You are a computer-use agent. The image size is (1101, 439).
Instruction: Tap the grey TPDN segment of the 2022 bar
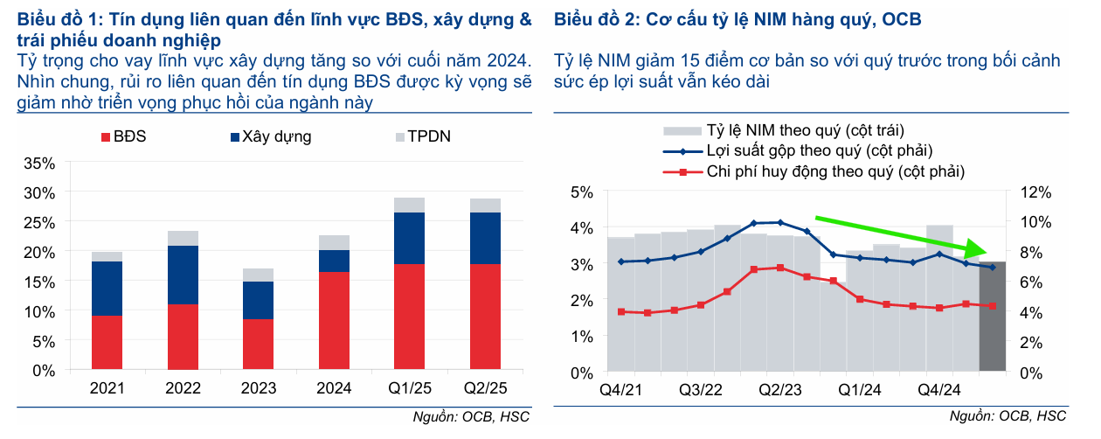[x=183, y=238]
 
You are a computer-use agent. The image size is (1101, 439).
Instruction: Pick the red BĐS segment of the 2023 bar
[x=257, y=344]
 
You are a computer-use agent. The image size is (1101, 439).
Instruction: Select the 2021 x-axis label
[x=107, y=387]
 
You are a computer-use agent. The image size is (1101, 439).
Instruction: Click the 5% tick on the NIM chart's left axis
[x=583, y=192]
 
